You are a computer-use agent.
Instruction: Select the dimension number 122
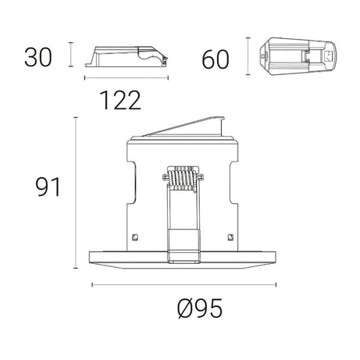(x=120, y=99)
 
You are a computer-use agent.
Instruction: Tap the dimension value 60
(x=218, y=59)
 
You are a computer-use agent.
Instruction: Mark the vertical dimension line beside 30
(x=71, y=55)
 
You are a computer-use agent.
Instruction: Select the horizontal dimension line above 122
(x=124, y=78)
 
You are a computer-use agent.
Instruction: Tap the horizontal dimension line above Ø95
(x=185, y=283)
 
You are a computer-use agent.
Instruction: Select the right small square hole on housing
(x=230, y=237)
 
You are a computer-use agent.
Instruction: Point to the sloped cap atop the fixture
(x=191, y=127)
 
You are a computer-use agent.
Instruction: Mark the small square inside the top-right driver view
(x=328, y=56)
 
